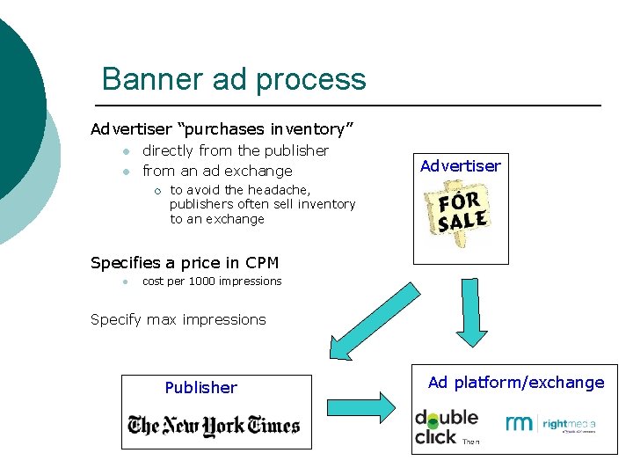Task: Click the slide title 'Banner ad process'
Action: coord(234,79)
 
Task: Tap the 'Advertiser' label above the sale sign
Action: coord(461,165)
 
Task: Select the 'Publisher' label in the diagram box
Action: coord(201,387)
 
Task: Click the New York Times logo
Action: coord(215,426)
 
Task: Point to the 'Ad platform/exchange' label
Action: coord(516,382)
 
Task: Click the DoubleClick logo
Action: coord(446,426)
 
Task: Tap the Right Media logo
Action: coord(551,424)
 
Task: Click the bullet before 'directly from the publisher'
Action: coord(127,151)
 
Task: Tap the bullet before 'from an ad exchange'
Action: coord(127,172)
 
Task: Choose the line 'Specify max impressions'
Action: coord(178,319)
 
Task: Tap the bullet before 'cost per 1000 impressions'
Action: coord(127,282)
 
